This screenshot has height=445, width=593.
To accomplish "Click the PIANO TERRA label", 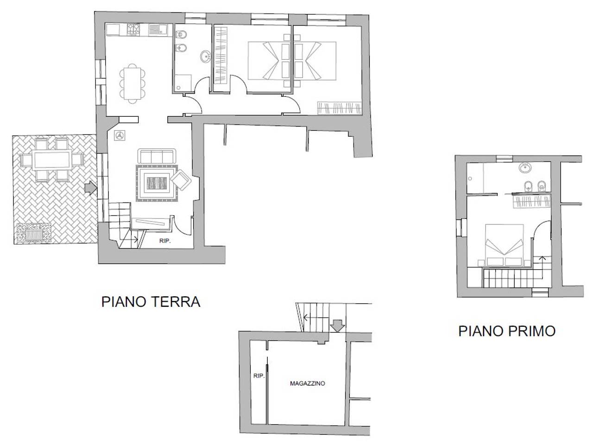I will (x=151, y=302).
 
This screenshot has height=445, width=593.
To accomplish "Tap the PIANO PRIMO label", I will (x=507, y=331).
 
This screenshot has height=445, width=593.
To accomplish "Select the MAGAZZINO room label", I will (x=308, y=383).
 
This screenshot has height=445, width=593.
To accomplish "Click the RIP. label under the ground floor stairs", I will (x=164, y=242).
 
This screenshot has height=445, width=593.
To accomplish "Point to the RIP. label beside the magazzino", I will (x=259, y=376).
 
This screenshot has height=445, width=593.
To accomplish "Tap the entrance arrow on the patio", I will (x=90, y=188).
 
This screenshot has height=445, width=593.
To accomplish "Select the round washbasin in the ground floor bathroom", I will (x=205, y=56).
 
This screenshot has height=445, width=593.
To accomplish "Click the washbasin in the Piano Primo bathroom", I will (x=525, y=168).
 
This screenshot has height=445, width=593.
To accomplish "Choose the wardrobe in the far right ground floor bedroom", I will (x=340, y=108).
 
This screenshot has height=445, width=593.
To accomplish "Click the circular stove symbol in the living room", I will (x=120, y=135).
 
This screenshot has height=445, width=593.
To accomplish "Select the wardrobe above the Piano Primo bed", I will (x=532, y=202).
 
